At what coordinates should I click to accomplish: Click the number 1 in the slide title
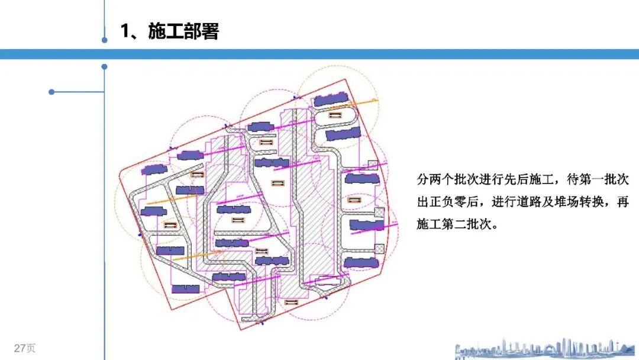(125, 31)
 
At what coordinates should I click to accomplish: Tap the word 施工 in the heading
(166, 31)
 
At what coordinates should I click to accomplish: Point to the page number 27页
(25, 348)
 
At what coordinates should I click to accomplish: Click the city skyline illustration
(544, 349)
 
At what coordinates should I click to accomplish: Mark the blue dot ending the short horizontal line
(51, 92)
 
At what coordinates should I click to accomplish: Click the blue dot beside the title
(105, 40)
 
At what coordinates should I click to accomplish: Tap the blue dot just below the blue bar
(105, 67)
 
